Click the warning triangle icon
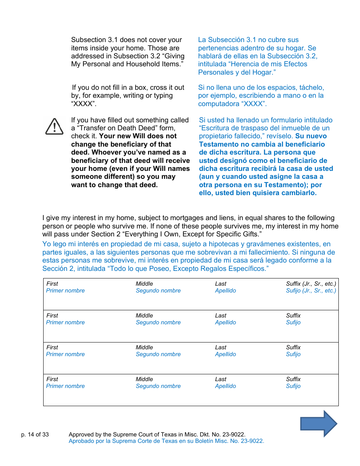pyautogui.click(x=55, y=126)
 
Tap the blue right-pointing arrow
pyautogui.click(x=318, y=424)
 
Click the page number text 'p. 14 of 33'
pyautogui.click(x=35, y=435)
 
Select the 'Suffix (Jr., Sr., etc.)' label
pyautogui.click(x=311, y=283)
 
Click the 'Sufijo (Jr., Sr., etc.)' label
pyautogui.click(x=311, y=291)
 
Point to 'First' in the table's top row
pyautogui.click(x=52, y=283)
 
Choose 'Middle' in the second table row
pyautogui.click(x=144, y=315)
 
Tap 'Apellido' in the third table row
pyautogui.click(x=225, y=354)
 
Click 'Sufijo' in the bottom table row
pyautogui.click(x=293, y=386)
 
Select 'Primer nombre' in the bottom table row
pyautogui.click(x=66, y=386)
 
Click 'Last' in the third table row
pyautogui.click(x=221, y=347)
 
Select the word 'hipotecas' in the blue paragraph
pyautogui.click(x=222, y=244)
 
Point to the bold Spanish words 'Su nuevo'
pyautogui.click(x=311, y=136)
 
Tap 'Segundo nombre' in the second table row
pyautogui.click(x=158, y=322)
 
